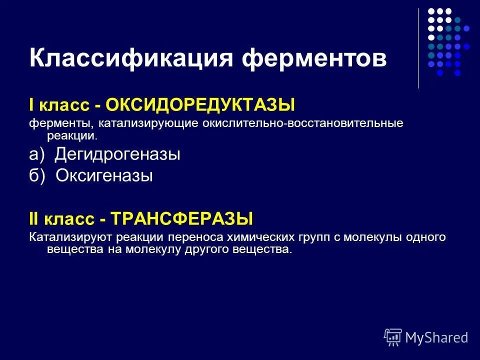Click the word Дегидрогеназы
tap(117, 154)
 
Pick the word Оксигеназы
tap(104, 175)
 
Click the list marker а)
tap(36, 154)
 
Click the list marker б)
tap(37, 175)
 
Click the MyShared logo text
tap(436, 337)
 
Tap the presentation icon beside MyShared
tap(393, 337)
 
